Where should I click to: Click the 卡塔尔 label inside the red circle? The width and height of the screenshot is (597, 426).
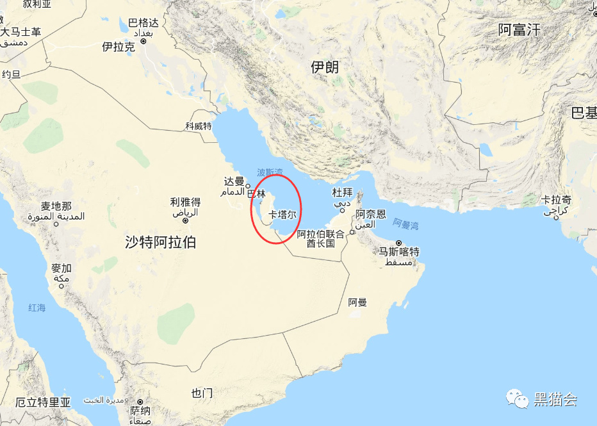coord(282,215)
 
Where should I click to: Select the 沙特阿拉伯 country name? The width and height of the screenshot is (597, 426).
coord(161,242)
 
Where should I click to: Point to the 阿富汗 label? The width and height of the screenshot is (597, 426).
coord(519,29)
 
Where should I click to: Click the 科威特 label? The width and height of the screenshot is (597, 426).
coord(199,126)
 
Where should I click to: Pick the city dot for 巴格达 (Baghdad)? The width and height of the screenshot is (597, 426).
coord(143,41)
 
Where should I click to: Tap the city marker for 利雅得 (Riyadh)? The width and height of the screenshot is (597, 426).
coord(186,220)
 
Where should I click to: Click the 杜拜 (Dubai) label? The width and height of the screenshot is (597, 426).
coord(342,192)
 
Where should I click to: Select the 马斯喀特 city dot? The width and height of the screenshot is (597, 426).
coord(398,243)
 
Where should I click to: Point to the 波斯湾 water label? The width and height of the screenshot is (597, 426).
coord(270,172)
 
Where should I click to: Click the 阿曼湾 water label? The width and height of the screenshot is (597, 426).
coord(405,224)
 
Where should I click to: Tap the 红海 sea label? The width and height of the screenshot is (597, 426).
coord(37,308)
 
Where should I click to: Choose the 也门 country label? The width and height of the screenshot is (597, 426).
coord(202,393)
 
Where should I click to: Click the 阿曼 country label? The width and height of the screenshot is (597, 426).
coord(357,302)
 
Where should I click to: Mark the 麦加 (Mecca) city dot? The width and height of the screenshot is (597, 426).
coord(61,286)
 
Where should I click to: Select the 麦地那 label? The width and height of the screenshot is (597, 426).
coord(56,206)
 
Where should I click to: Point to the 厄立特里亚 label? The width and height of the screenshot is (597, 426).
coord(43,402)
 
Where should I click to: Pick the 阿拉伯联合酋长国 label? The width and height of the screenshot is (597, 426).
coord(321,239)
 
